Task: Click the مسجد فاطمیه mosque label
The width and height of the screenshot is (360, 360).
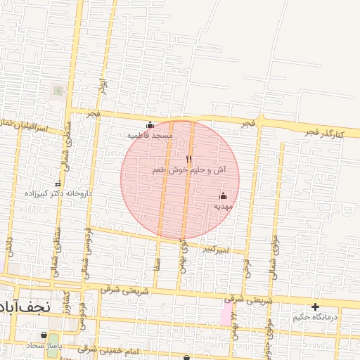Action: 150,134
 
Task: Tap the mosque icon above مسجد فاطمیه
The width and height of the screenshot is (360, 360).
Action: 149,125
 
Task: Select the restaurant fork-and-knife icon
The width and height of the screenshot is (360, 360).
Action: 188,159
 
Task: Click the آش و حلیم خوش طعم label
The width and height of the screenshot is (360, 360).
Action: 189,170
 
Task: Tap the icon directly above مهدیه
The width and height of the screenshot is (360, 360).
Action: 224,195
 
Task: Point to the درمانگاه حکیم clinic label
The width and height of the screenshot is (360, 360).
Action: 315,317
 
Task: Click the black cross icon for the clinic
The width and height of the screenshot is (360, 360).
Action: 315,307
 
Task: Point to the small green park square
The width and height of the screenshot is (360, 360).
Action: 58,90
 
